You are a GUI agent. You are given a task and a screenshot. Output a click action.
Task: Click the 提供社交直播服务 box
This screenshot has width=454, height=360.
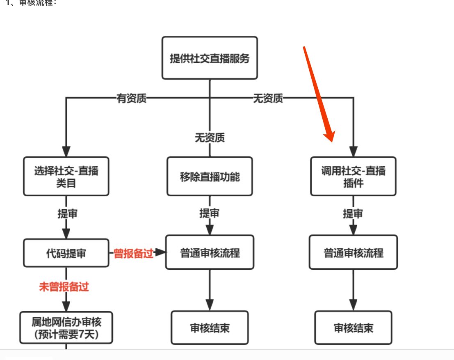pos(210,58)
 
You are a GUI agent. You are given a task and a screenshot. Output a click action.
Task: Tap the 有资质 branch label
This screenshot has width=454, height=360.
pos(132,99)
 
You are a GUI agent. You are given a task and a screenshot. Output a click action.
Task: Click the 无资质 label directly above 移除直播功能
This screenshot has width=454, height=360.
pos(210,138)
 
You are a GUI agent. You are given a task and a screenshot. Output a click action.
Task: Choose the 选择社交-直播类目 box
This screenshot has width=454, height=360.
pos(66,176)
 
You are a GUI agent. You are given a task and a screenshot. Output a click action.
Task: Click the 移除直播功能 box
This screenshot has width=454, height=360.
pos(210,177)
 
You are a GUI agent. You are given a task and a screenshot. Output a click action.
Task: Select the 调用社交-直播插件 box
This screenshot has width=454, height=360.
pos(353,176)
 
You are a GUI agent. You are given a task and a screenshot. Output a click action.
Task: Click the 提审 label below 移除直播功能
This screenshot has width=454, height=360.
pos(210,213)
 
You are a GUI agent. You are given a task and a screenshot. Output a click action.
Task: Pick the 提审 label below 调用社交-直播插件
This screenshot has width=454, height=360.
pos(353,214)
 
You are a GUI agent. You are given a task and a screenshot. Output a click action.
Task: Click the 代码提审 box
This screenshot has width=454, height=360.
pos(66,253)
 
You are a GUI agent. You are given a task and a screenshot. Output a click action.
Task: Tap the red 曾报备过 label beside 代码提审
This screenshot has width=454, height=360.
pos(133,254)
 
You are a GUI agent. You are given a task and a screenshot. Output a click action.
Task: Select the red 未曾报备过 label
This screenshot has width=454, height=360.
pos(64,287)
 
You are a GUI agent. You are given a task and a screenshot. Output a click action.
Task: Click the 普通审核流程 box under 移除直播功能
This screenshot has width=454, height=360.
pos(210,252)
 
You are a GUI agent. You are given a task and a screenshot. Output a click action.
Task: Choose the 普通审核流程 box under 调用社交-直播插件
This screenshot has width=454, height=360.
pos(353,252)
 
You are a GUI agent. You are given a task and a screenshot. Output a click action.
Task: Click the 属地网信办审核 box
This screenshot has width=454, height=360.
pos(66,328)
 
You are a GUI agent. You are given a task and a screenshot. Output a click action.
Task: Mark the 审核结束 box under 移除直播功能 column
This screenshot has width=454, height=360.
pos(210,328)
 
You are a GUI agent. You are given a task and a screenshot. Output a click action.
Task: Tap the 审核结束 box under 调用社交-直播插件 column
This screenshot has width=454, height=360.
pos(353,328)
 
